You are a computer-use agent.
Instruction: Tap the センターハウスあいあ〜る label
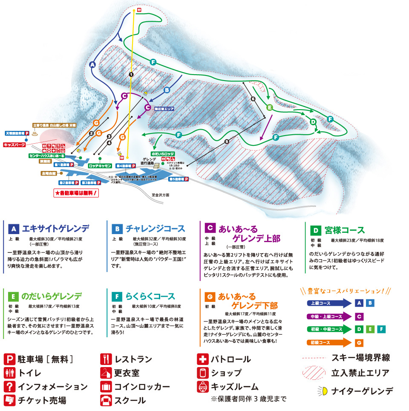46,156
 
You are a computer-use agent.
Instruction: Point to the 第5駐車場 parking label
179,179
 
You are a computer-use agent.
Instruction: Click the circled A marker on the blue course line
92,65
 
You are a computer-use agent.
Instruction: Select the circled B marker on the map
167,90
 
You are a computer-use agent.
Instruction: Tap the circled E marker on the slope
269,107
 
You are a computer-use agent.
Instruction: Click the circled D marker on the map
313,122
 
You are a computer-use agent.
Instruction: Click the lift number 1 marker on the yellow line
131,74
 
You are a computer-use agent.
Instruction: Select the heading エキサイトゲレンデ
56,227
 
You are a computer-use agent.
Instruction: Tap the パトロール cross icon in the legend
202,359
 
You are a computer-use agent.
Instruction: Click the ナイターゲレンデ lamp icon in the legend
322,390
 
